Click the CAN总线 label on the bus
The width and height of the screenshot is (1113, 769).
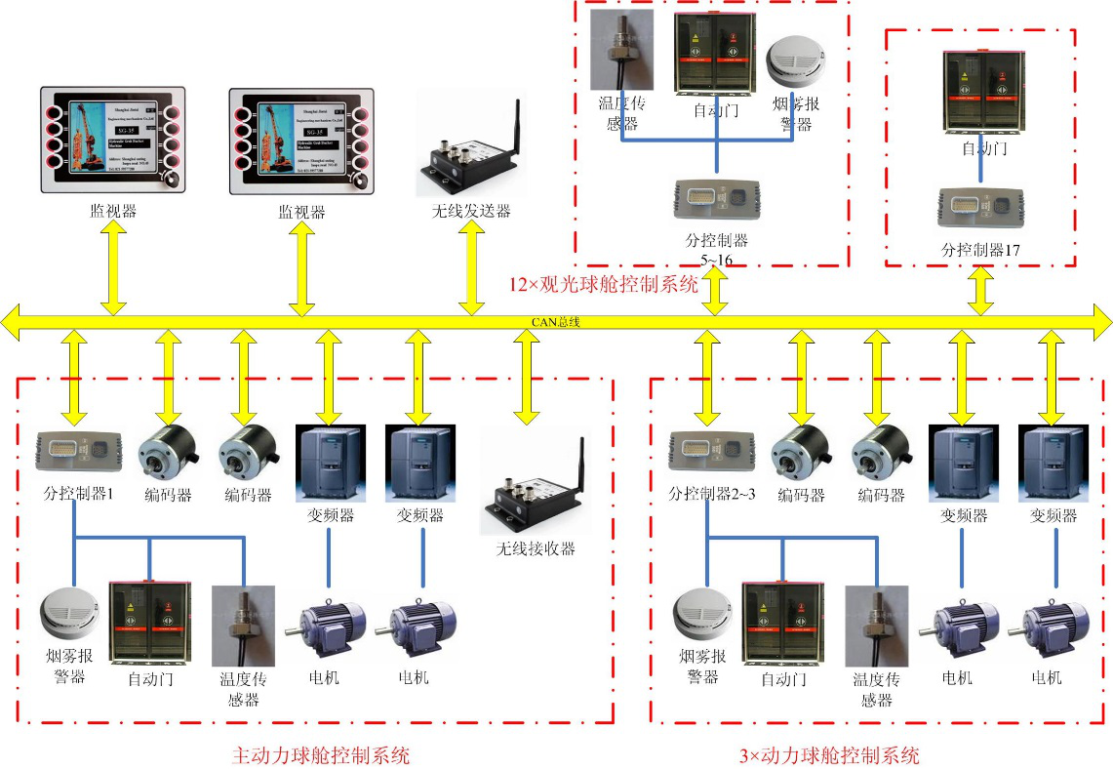point(556,321)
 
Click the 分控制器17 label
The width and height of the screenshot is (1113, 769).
point(980,250)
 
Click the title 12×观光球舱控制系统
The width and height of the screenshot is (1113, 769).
point(604,286)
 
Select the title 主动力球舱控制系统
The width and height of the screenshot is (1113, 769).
point(321,754)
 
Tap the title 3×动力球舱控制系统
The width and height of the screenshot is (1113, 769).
point(829,754)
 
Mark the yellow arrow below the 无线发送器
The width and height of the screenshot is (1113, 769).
point(471,268)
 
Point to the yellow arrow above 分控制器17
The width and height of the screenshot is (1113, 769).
point(981,290)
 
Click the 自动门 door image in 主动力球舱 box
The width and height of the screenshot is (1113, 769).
point(149,622)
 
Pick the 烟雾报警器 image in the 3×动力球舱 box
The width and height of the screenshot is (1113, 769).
point(702,616)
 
